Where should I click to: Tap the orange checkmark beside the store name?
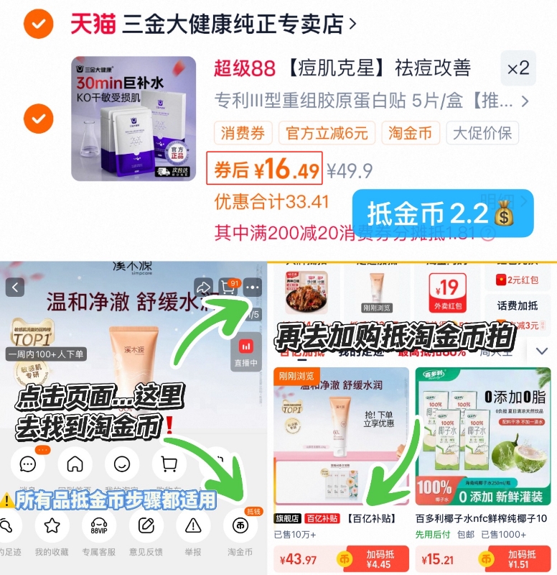click(37, 25)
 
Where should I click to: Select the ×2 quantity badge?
click(518, 68)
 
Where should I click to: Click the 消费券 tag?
click(243, 133)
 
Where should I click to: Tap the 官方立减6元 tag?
click(327, 133)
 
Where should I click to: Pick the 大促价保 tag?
click(482, 133)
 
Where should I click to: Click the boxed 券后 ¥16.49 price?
click(264, 170)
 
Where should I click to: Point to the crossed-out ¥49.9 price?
click(350, 170)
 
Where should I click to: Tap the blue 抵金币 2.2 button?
click(444, 213)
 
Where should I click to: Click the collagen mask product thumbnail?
click(134, 118)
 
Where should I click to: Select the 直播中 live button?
click(246, 353)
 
